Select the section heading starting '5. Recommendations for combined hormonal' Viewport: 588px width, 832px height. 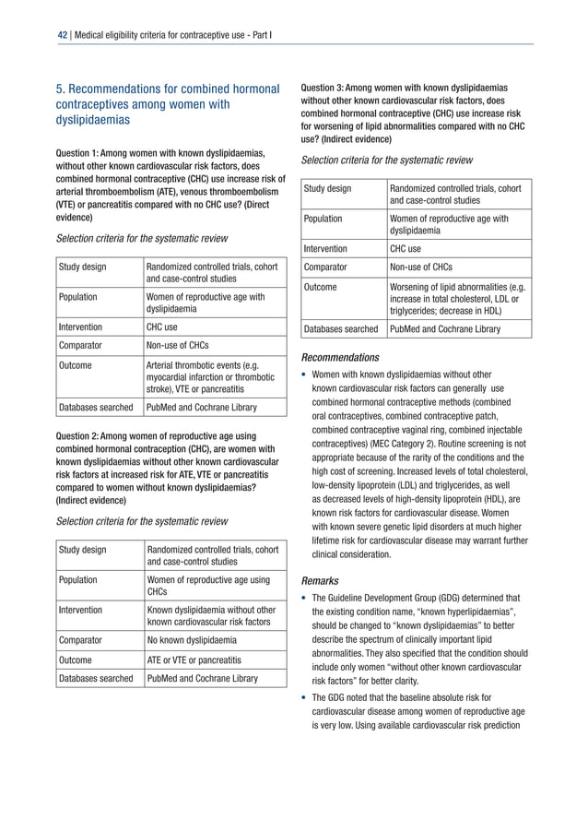[x=168, y=104]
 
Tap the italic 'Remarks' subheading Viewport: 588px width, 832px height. [x=323, y=582]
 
